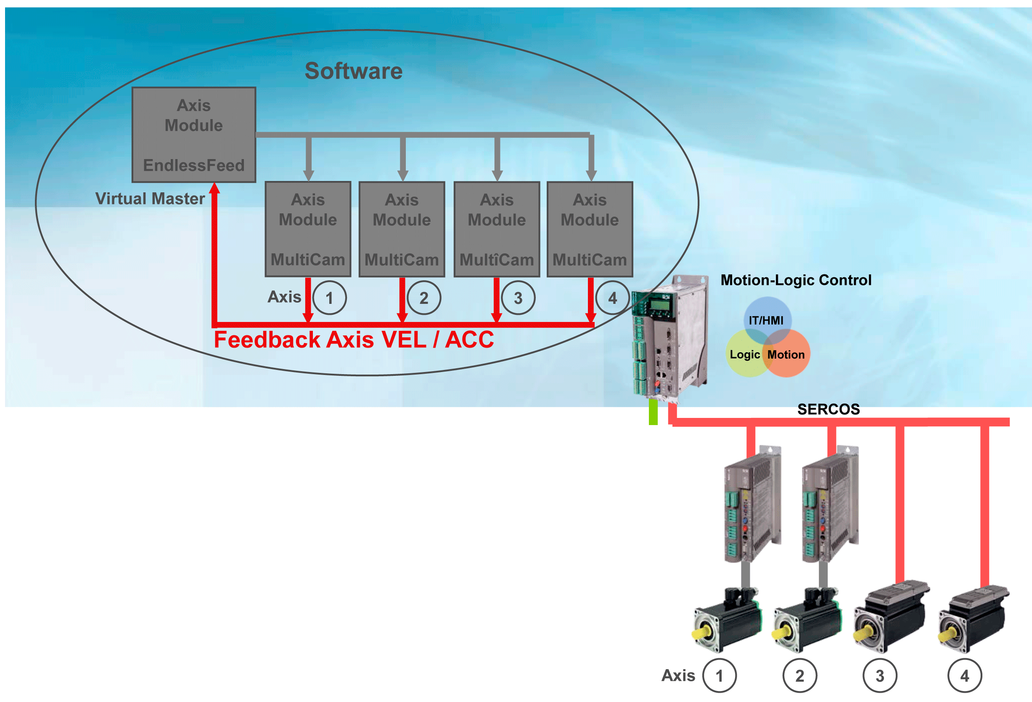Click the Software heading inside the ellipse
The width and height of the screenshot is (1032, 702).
pyautogui.click(x=354, y=71)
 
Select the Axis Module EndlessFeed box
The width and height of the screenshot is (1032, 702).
pyautogui.click(x=193, y=135)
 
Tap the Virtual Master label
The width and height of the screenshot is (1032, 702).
pyautogui.click(x=150, y=199)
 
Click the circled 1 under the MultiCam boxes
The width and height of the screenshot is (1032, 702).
pyautogui.click(x=330, y=298)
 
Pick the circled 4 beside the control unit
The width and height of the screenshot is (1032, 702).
pyautogui.click(x=612, y=298)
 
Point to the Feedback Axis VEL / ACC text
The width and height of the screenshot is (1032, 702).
pyautogui.click(x=354, y=340)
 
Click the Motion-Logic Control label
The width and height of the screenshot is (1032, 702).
pyautogui.click(x=796, y=280)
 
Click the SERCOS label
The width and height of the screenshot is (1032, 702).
pyautogui.click(x=828, y=409)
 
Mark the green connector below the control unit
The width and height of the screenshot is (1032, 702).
pyautogui.click(x=653, y=412)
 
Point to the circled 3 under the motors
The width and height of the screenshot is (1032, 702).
pyautogui.click(x=880, y=676)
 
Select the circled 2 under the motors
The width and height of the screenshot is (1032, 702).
pyautogui.click(x=799, y=676)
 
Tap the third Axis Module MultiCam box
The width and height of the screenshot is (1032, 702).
pyautogui.click(x=497, y=229)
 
